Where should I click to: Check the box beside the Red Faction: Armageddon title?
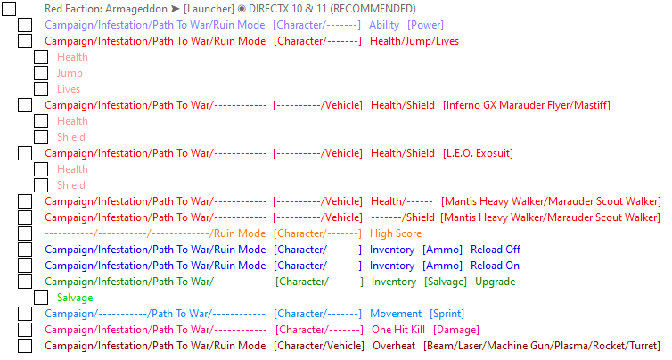click(x=10, y=9)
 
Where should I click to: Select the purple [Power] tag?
click(x=425, y=25)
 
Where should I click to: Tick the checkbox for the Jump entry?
click(x=41, y=73)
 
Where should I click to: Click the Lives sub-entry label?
click(x=69, y=89)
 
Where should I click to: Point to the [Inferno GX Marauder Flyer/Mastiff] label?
click(x=526, y=105)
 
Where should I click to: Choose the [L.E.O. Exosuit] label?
click(x=478, y=153)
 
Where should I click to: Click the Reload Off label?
click(x=496, y=250)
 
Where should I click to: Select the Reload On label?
click(x=495, y=266)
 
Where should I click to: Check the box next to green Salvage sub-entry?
click(x=41, y=298)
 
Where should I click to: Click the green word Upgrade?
click(x=495, y=282)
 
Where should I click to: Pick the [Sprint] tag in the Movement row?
click(x=447, y=314)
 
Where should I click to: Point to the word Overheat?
click(x=394, y=346)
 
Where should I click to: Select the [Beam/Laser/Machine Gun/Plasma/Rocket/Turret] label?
click(x=542, y=346)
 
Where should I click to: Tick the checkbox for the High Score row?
click(x=25, y=233)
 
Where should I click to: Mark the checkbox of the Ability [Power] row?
click(x=25, y=25)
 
